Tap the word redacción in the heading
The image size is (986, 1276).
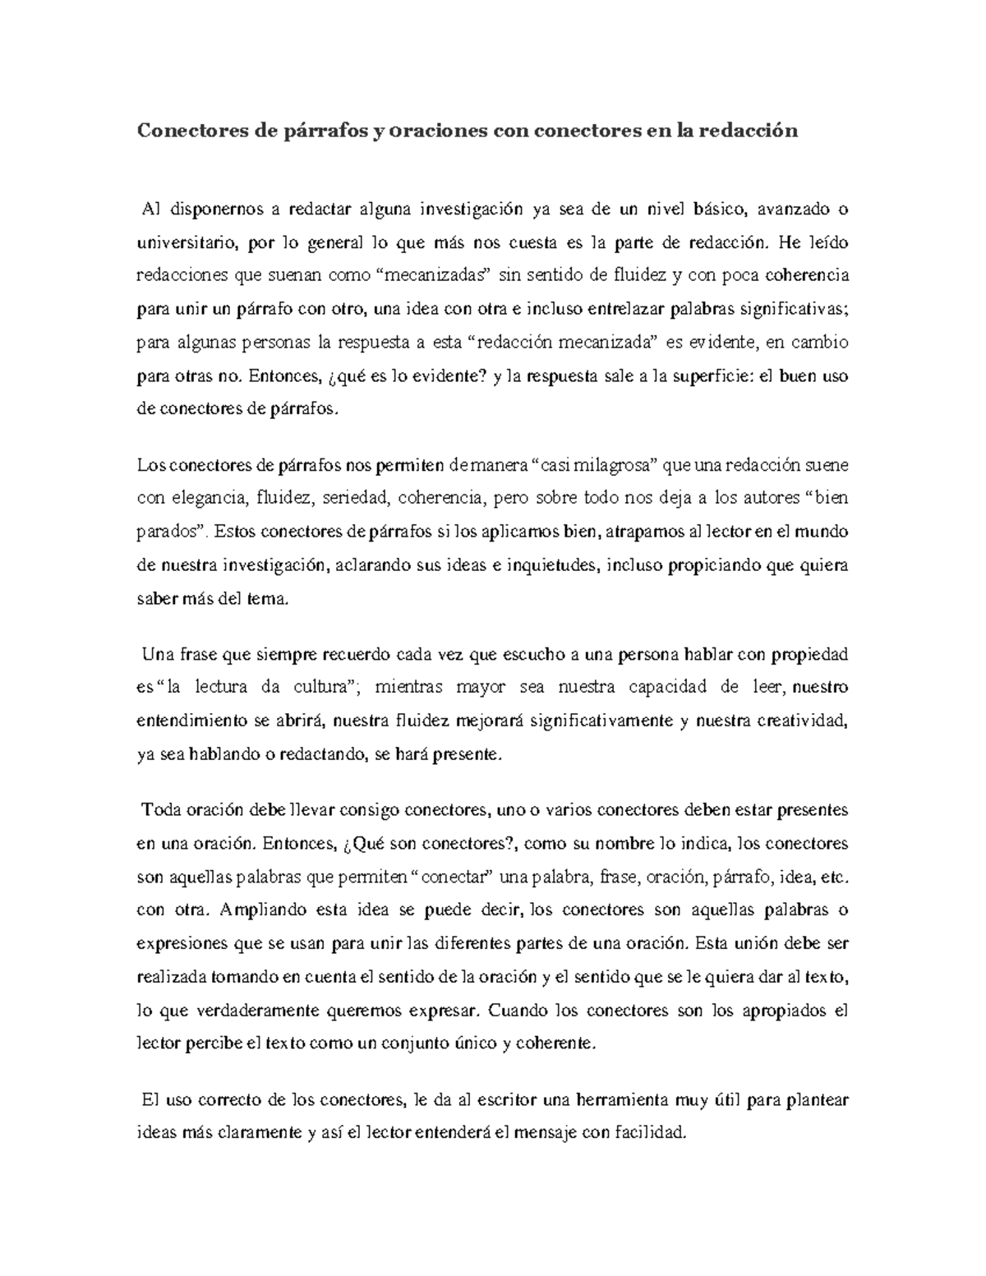point(748,131)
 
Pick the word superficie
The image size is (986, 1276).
point(712,376)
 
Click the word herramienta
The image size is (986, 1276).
point(622,1099)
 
